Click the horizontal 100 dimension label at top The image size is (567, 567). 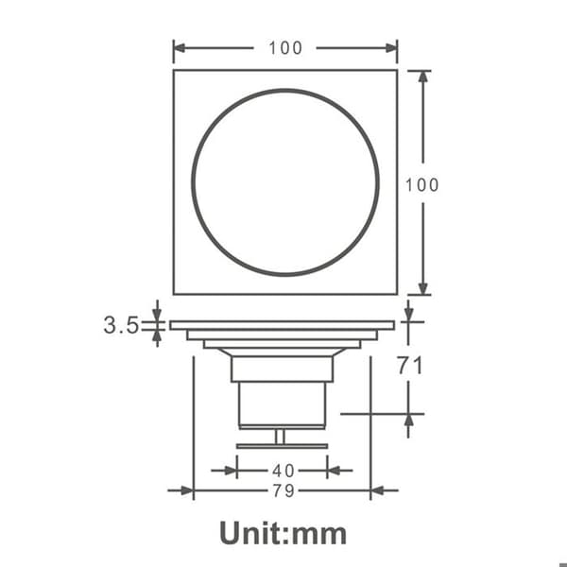coord(285,48)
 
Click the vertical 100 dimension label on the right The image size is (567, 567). coord(422,185)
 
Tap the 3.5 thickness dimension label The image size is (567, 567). coord(121,325)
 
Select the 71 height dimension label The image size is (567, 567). coord(410,365)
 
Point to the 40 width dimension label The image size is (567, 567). coord(283,471)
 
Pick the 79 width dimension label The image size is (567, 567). coord(283,490)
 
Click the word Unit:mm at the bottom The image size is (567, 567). coord(283,533)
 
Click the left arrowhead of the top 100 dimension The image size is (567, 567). coord(180,48)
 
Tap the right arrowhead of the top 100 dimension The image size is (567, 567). coord(391,48)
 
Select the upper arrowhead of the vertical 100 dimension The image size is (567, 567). coord(423,77)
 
